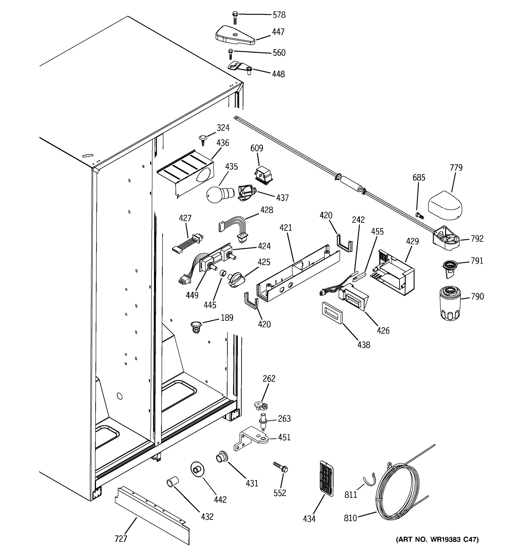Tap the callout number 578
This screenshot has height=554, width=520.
pos(279,15)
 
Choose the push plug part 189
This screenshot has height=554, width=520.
pos(196,327)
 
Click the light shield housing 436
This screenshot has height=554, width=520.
pos(186,173)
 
